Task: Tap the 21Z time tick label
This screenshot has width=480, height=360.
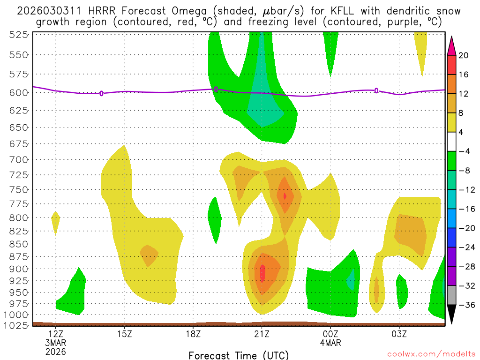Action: (x=262, y=334)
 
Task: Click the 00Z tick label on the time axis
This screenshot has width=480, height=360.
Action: (x=330, y=334)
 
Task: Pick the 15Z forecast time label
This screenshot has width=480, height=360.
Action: (x=124, y=334)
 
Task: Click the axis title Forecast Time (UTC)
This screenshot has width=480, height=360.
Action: (x=239, y=355)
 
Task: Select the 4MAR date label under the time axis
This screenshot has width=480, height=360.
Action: (x=330, y=343)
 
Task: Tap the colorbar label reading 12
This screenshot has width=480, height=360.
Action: (x=464, y=94)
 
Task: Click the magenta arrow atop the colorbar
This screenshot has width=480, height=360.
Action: (x=452, y=45)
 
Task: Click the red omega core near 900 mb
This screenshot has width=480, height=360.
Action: (x=262, y=272)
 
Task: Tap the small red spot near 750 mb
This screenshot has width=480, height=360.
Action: (x=285, y=196)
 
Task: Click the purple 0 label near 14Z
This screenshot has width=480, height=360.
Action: (x=101, y=93)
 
